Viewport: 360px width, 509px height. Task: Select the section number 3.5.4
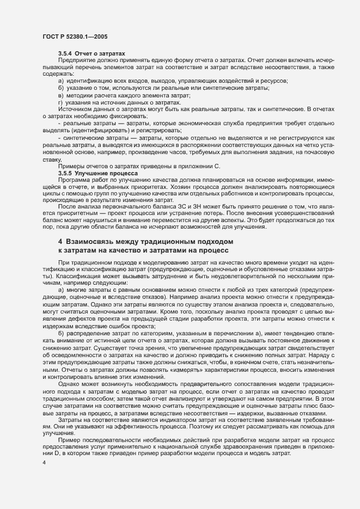click(66, 53)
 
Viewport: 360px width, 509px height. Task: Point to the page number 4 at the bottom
click(44, 462)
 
